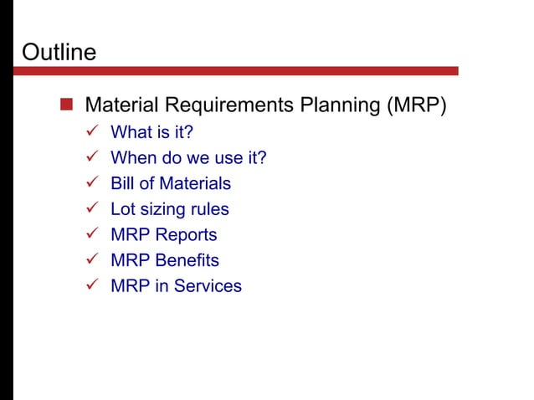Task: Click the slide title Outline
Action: coord(59,52)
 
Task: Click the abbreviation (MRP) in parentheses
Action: coord(416,106)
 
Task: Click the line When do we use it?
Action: coord(188,158)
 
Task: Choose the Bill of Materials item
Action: coord(171,183)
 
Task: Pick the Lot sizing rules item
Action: coord(169,209)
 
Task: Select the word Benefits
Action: coord(186,261)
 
